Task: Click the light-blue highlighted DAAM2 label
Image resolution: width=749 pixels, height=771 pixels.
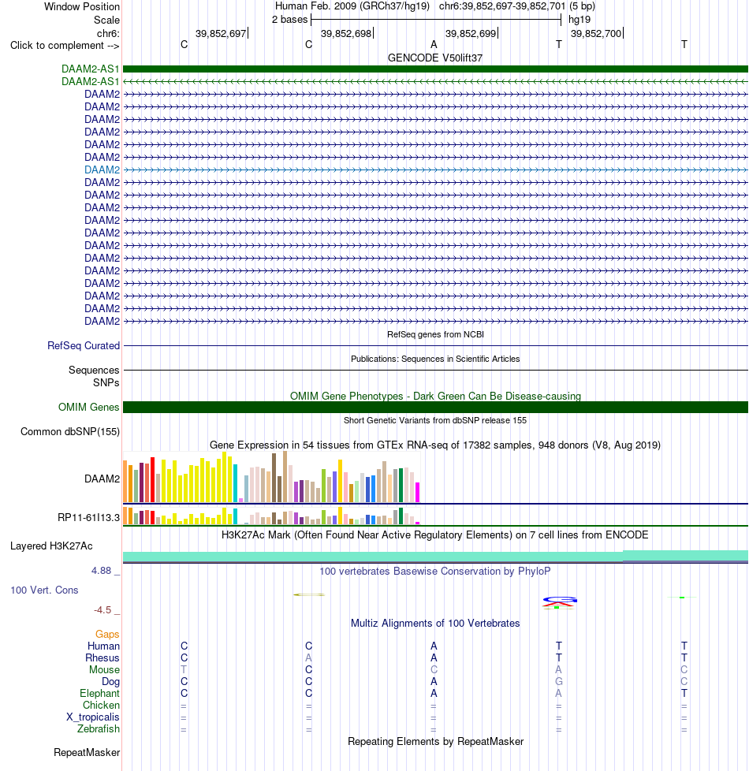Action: [x=102, y=169]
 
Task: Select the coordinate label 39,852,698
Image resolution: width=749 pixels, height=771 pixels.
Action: [x=346, y=33]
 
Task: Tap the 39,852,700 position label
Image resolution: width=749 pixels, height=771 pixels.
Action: [x=596, y=33]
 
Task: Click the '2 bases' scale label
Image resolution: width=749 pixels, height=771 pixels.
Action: [x=289, y=20]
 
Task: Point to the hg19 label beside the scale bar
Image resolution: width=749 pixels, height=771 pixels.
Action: [x=579, y=20]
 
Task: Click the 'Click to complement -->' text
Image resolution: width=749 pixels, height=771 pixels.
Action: [x=65, y=45]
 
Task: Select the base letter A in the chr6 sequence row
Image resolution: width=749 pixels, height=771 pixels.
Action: [x=434, y=45]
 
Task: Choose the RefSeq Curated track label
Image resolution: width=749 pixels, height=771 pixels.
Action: [x=84, y=345]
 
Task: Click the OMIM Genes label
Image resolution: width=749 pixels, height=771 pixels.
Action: [x=88, y=407]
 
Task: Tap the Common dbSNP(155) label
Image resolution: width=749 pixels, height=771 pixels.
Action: [x=70, y=432]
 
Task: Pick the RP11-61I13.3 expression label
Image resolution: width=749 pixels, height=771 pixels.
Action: [x=88, y=517]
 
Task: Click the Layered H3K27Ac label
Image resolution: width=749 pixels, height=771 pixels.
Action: [x=51, y=546]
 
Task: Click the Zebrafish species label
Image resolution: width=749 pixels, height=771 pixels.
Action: [x=99, y=728]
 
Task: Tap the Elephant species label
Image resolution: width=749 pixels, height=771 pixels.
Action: [x=99, y=693]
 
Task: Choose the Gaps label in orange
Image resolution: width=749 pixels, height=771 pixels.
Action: [x=107, y=635]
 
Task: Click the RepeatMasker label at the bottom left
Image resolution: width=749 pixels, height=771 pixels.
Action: [x=87, y=752]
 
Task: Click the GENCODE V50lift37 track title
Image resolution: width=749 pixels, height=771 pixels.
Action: [x=435, y=58]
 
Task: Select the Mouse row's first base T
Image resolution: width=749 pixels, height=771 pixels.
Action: [x=184, y=670]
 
